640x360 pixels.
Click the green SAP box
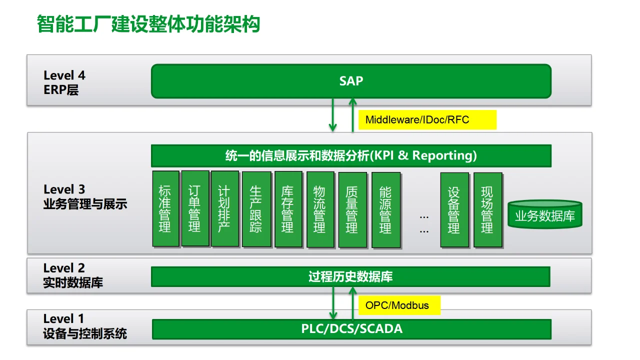point(351,81)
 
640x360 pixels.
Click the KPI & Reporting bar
point(351,155)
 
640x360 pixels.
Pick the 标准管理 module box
point(165,209)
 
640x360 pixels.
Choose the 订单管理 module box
point(195,208)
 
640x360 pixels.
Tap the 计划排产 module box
point(224,209)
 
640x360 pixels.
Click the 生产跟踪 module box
point(256,209)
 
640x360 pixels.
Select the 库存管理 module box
point(288,209)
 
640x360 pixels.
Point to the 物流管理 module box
point(320,209)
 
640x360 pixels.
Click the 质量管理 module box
point(352,209)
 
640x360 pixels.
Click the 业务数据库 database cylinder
point(545,215)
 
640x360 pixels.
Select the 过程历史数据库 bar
point(350,276)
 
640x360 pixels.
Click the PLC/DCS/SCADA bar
point(351,329)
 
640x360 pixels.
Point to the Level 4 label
point(64,76)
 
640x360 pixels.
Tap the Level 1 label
point(64,319)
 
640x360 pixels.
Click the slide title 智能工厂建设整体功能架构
point(148,24)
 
